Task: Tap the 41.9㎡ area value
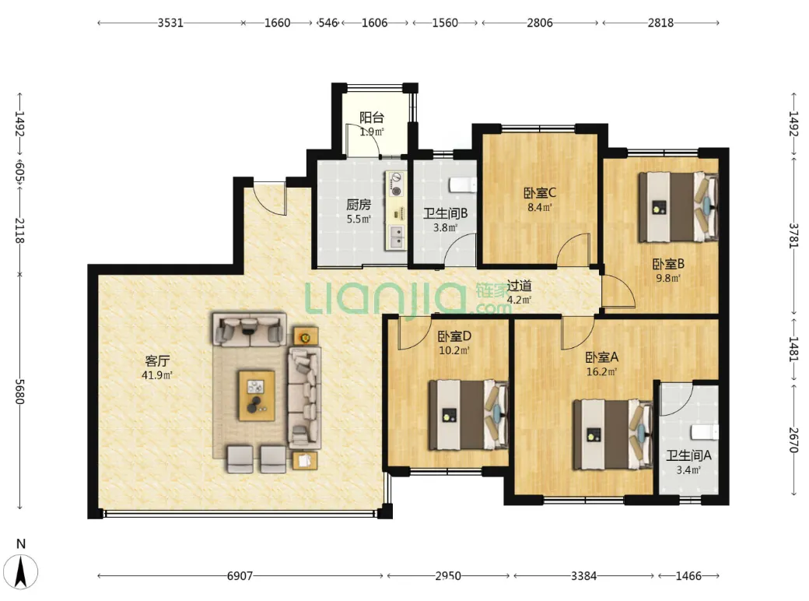coord(157,375)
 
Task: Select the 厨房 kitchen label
coord(359,205)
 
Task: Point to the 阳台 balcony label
coord(372,118)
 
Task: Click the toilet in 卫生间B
coord(464,185)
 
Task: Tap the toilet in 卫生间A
coord(706,432)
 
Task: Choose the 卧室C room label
coord(540,193)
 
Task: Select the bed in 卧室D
coord(468,415)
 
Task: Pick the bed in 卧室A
coord(613,434)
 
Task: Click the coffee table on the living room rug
coord(257,395)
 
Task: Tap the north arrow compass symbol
coord(21,571)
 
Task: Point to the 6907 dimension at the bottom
coord(240,576)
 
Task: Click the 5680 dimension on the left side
coord(19,392)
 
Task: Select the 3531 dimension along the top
coord(170,23)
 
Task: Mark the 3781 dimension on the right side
coord(793,235)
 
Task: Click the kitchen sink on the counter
coord(396,237)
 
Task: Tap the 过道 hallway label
coord(519,286)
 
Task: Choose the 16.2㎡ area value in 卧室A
coord(601,371)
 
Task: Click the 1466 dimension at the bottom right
coord(688,576)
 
